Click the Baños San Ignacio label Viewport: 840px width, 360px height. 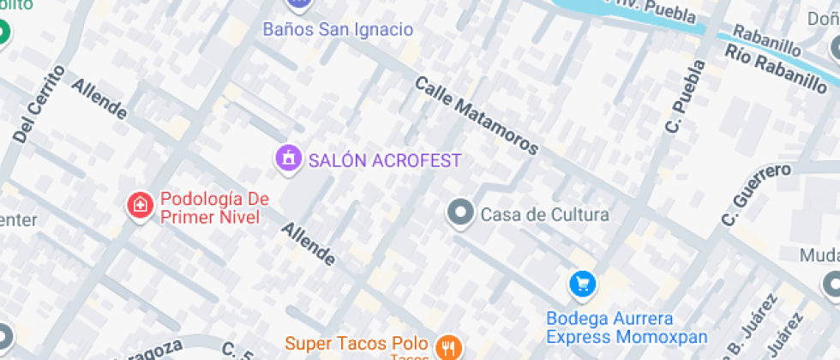pyautogui.click(x=338, y=29)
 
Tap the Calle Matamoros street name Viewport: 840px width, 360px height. pyautogui.click(x=477, y=116)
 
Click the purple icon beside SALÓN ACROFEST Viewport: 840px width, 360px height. pyautogui.click(x=289, y=159)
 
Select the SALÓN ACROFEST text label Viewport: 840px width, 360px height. pyautogui.click(x=385, y=160)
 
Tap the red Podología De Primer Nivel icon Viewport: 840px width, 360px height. pyautogui.click(x=139, y=206)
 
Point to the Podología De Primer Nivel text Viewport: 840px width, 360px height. pyautogui.click(x=214, y=207)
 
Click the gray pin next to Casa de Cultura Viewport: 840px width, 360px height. pyautogui.click(x=461, y=213)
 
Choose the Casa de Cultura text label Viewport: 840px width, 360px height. pyautogui.click(x=544, y=214)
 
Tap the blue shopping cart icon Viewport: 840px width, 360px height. pyautogui.click(x=583, y=283)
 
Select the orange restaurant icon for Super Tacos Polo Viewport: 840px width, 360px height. pyautogui.click(x=447, y=347)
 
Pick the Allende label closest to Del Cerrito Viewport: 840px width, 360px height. pyautogui.click(x=99, y=99)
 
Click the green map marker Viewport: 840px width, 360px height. pyautogui.click(x=3, y=33)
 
